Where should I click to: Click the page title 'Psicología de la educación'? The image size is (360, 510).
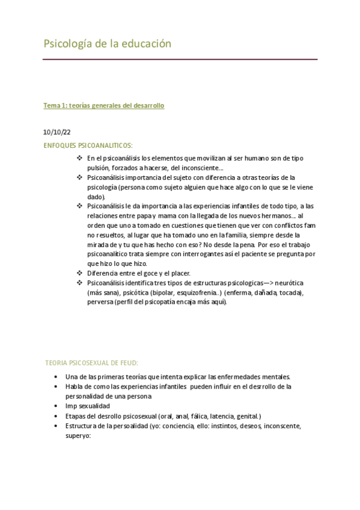(x=108, y=44)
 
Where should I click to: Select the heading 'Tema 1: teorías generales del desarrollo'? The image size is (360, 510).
(x=103, y=106)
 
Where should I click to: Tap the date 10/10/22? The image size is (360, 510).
(x=56, y=132)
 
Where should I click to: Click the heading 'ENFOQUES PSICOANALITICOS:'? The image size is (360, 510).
(x=88, y=146)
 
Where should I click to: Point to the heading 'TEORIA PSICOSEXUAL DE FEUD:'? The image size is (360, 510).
(x=92, y=363)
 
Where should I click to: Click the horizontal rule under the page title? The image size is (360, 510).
(x=180, y=60)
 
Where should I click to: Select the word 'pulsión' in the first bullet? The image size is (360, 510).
(x=99, y=168)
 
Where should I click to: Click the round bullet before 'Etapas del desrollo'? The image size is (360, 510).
(x=56, y=416)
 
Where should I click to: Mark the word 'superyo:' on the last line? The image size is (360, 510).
(x=78, y=436)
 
